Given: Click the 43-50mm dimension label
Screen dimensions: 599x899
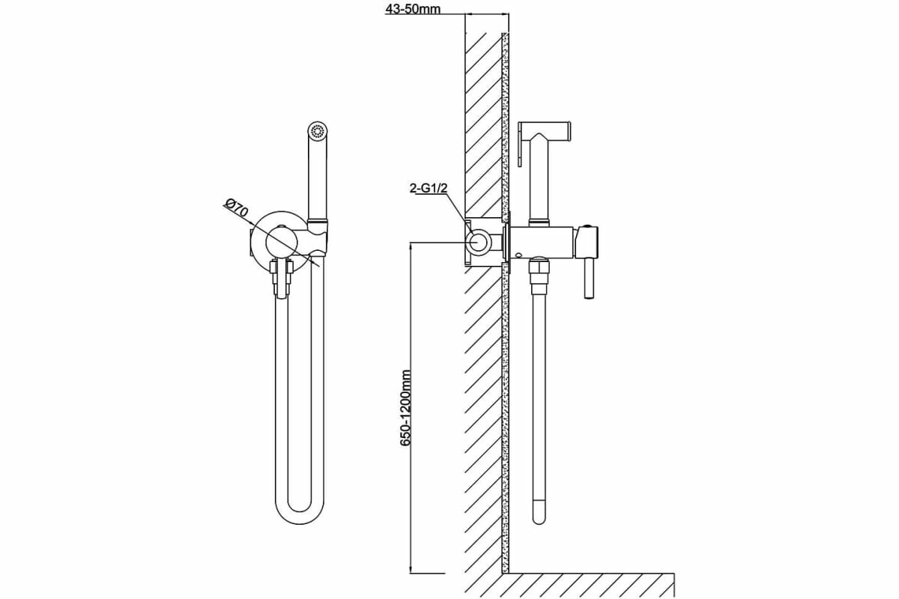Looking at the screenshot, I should pos(413,8).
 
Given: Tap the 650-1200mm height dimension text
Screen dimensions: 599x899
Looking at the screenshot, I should pos(406,408).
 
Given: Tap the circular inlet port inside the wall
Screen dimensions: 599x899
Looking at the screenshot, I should pos(479,241).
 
